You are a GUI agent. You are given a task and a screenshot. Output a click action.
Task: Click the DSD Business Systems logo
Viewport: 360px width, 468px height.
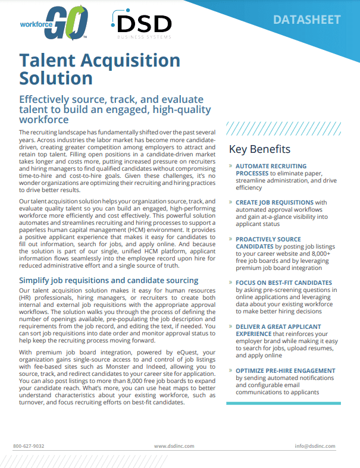click(141, 26)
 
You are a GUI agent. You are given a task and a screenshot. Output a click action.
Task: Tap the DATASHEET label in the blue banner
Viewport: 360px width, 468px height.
click(306, 20)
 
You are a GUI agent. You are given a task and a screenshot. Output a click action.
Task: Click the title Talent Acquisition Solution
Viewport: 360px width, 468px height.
click(99, 68)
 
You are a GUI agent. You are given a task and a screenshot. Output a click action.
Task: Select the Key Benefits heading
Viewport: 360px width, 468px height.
click(259, 149)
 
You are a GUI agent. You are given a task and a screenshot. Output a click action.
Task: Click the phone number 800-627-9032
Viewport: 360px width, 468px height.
click(29, 445)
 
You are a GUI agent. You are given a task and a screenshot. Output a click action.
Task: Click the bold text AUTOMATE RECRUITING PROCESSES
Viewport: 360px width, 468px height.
click(271, 169)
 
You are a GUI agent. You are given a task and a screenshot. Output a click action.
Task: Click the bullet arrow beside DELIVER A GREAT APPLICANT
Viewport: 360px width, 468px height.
click(230, 327)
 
